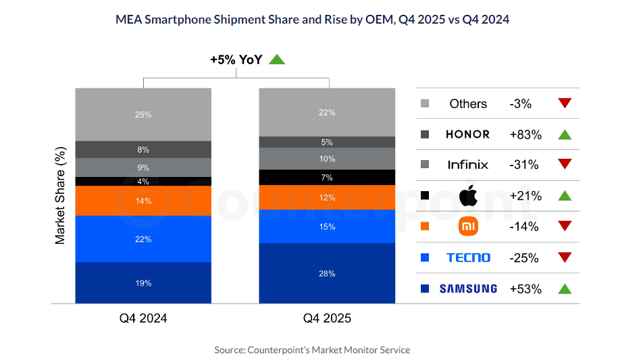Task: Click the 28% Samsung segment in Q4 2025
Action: point(327,273)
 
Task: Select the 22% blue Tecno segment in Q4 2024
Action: point(143,238)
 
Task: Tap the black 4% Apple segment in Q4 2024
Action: point(143,181)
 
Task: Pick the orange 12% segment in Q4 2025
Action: point(327,197)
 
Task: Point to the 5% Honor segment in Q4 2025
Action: point(327,142)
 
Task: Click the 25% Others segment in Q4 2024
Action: point(143,114)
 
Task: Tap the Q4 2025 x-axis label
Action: point(327,318)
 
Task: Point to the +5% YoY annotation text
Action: point(236,59)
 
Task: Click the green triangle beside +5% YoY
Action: point(277,59)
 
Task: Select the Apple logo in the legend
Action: point(467,196)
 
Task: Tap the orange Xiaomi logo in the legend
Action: point(468,226)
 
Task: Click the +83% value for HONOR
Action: point(525,134)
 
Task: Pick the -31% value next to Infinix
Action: point(524,165)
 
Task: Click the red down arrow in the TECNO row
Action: point(565,257)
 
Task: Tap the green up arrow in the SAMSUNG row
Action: point(565,288)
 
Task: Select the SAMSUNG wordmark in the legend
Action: point(468,288)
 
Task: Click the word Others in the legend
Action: point(468,103)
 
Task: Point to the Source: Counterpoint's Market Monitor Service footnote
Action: point(312,350)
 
